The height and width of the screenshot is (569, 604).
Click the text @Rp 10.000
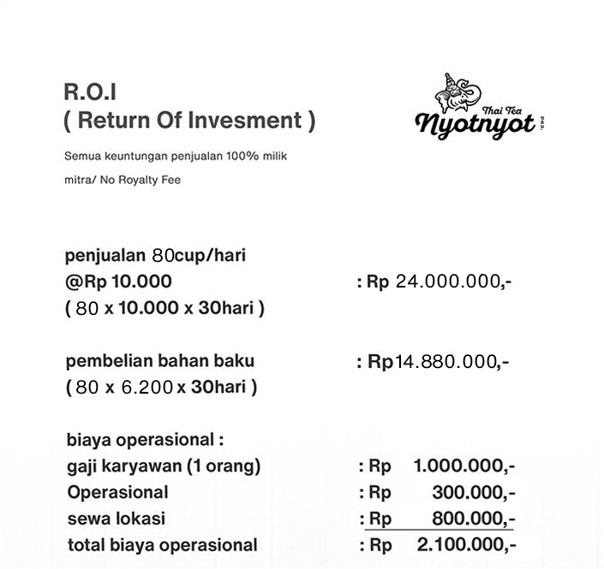click(118, 282)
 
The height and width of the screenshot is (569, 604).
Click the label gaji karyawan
click(124, 466)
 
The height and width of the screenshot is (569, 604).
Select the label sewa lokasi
click(116, 519)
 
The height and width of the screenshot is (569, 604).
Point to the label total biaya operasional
click(162, 545)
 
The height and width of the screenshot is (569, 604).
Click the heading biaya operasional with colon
click(145, 441)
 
